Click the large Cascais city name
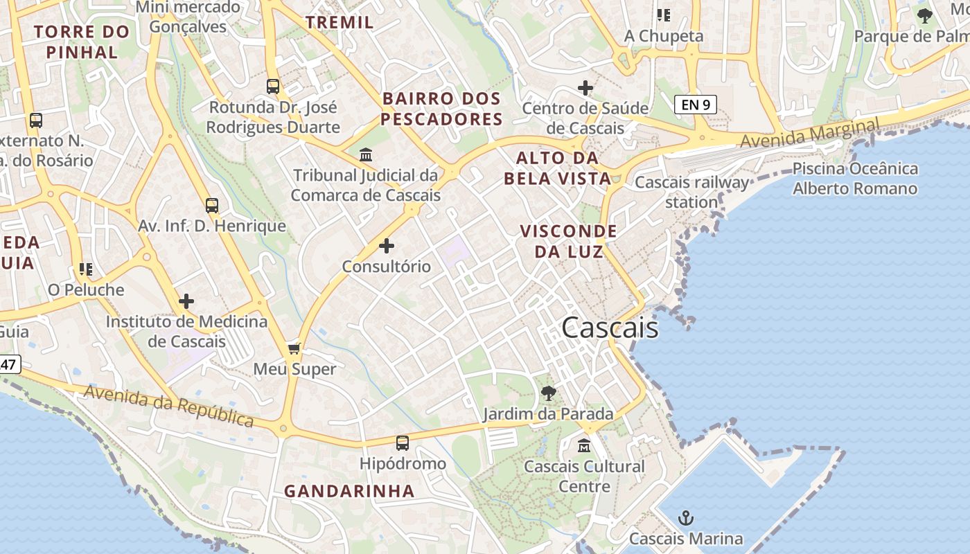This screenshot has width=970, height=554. (610, 328)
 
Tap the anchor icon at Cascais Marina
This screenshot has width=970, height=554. (685, 517)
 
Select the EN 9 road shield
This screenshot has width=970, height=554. (695, 105)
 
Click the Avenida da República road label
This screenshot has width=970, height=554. (169, 406)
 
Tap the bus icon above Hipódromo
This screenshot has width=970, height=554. (403, 443)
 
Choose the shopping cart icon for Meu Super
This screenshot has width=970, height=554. (294, 348)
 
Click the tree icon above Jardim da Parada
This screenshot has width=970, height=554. (548, 393)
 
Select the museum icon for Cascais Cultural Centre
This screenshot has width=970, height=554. (584, 445)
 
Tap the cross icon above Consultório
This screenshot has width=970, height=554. (387, 246)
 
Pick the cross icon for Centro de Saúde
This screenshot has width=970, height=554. (585, 88)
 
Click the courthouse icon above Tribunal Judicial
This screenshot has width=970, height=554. (365, 154)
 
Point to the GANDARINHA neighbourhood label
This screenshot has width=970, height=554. (349, 491)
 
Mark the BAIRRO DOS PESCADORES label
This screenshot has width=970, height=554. (442, 109)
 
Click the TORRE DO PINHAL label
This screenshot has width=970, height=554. (82, 42)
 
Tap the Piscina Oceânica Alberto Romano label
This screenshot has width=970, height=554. (855, 179)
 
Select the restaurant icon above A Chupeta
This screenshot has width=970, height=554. (663, 15)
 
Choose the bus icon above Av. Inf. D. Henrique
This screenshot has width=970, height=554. (212, 206)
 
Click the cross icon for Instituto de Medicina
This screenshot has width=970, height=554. (186, 301)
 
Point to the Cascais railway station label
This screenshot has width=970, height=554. (691, 192)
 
